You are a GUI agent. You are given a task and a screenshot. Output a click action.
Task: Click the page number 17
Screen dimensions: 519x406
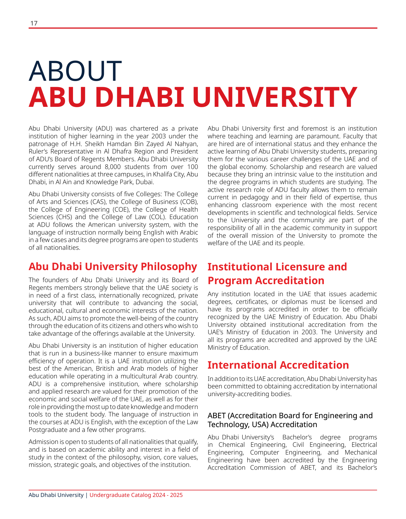point(34,23)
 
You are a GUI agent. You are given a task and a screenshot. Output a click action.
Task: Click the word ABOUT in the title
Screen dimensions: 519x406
point(75,70)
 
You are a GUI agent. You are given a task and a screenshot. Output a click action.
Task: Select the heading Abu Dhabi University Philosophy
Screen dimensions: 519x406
point(113,267)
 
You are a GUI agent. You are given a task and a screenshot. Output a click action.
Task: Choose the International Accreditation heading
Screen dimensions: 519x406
point(278,365)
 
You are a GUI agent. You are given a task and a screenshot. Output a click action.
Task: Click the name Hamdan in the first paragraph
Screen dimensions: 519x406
point(123,144)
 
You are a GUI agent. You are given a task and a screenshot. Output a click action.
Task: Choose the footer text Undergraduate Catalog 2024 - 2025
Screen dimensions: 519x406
point(136,495)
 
